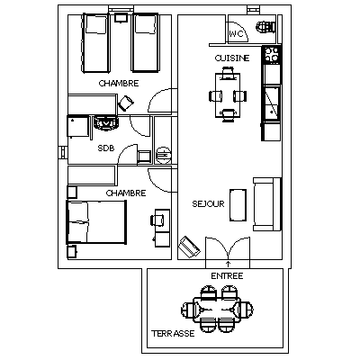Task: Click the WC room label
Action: tap(237, 34)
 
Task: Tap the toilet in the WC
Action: tap(265, 27)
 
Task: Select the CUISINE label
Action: tap(232, 58)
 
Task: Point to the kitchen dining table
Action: tap(228, 95)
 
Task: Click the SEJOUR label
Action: tap(208, 204)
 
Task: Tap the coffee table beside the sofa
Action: tap(238, 205)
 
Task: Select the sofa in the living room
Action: tap(267, 204)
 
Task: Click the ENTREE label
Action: tap(227, 276)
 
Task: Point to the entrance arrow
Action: tap(228, 264)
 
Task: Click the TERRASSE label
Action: tap(173, 334)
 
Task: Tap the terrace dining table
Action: tap(217, 310)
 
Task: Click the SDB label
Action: tap(106, 148)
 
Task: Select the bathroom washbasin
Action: tap(105, 123)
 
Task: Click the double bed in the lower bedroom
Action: tap(96, 221)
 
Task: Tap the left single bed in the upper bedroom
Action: tap(95, 42)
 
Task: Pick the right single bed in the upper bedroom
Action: tap(145, 42)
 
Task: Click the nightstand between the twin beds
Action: tap(121, 18)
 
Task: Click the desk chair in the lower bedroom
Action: tap(157, 220)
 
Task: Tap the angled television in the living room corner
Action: tap(189, 247)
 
